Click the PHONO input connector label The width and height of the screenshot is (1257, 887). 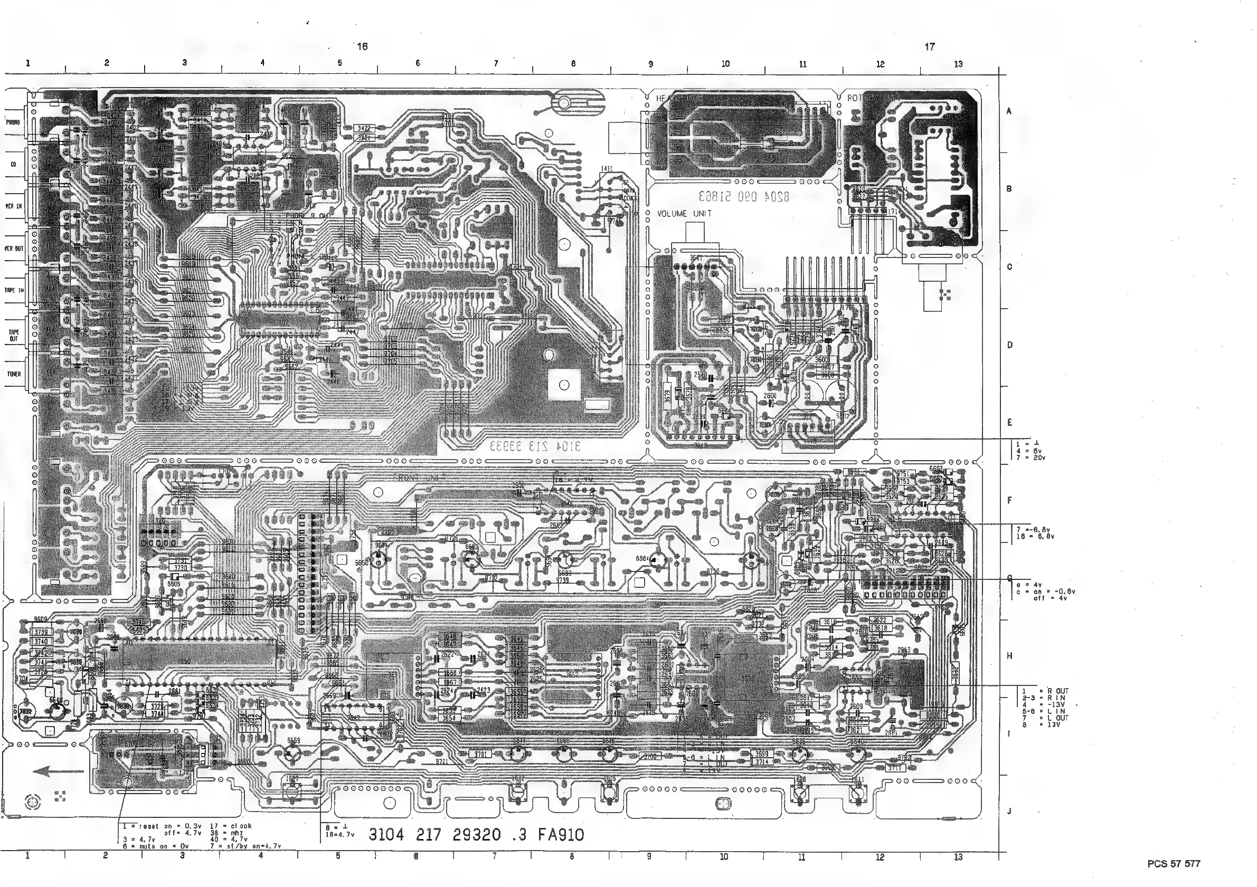[14, 122]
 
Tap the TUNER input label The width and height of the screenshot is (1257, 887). [14, 374]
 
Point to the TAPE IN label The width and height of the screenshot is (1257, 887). [14, 291]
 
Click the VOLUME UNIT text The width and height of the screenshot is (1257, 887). [684, 214]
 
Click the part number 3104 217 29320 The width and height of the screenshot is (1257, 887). [435, 834]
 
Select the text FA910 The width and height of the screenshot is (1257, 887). [561, 834]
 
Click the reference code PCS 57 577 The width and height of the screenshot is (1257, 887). [1174, 864]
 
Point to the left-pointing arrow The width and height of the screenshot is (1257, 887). [58, 771]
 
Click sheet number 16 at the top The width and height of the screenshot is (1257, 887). [363, 47]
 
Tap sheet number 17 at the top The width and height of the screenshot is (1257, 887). [930, 47]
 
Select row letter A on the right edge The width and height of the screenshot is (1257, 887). [1009, 111]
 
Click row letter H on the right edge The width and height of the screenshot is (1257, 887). [1009, 655]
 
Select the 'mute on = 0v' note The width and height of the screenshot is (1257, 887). [148, 846]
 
